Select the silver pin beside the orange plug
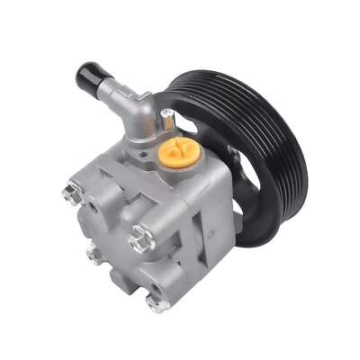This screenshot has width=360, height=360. click(167, 114)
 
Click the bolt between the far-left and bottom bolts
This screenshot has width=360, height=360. click(93, 254)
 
